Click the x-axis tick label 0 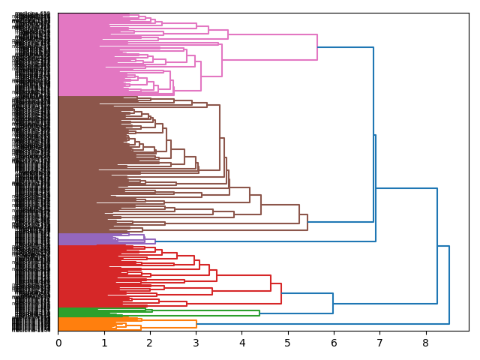pos(58,343)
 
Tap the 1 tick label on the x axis pos(104,343)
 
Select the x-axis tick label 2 pos(150,343)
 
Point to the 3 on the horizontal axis pos(196,343)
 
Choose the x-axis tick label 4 pos(242,343)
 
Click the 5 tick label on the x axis pos(288,343)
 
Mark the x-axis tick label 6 pos(334,343)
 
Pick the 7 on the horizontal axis pos(379,343)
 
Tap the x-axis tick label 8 pos(426,343)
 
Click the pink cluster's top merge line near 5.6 pos(317,47)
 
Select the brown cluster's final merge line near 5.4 pos(307,223)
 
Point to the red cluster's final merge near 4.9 pos(281,293)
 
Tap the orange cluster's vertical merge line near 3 pos(196,324)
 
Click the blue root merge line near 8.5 pos(448,285)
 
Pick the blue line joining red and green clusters pos(333,303)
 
